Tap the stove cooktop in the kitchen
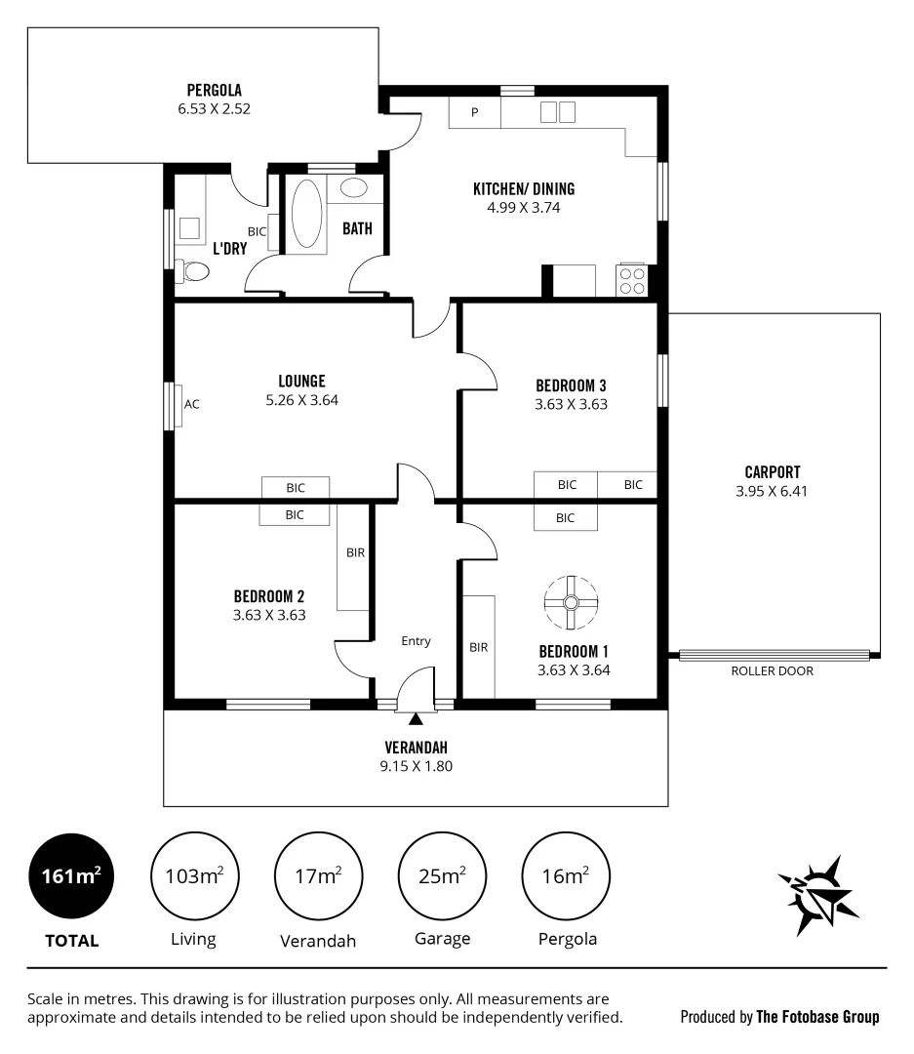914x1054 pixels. tap(632, 281)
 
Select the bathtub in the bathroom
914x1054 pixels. tap(306, 214)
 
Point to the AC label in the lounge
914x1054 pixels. tap(192, 404)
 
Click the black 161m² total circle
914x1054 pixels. tap(71, 875)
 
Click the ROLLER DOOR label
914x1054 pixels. tap(772, 671)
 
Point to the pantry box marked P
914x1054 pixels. tap(475, 112)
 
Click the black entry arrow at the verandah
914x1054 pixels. tap(416, 720)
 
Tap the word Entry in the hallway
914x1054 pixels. tap(416, 641)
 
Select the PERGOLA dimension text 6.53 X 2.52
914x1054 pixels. tap(214, 109)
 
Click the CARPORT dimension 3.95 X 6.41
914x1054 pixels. tap(772, 492)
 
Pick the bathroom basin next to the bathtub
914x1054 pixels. tap(354, 188)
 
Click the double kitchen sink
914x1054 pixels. tap(558, 112)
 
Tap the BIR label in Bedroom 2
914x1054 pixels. tap(355, 552)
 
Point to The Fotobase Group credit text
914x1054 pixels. tap(817, 1017)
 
